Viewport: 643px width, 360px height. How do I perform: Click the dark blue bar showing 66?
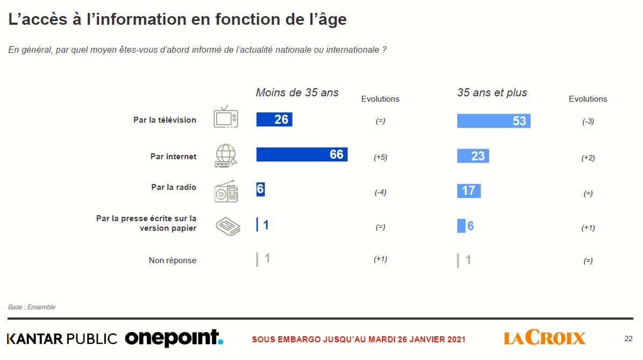(x=301, y=154)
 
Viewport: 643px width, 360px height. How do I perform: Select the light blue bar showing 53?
(x=493, y=121)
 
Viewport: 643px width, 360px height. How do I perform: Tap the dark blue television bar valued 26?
(x=274, y=119)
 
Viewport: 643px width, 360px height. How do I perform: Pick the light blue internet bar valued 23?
(x=473, y=156)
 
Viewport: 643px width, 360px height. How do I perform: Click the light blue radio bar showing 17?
(x=469, y=190)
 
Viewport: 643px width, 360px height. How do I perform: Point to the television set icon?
(x=225, y=117)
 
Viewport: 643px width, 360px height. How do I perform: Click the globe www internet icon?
(x=225, y=156)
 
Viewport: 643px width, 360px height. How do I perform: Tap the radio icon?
(x=225, y=191)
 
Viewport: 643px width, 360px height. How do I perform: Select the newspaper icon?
(x=228, y=226)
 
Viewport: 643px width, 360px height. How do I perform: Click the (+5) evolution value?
(x=380, y=158)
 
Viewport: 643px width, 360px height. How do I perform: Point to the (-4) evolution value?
(x=380, y=193)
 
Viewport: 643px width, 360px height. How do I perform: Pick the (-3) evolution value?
(x=588, y=122)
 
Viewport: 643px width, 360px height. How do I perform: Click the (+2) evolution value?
(x=588, y=158)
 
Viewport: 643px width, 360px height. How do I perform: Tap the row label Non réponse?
(x=172, y=260)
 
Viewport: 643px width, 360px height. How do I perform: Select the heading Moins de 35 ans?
(x=297, y=93)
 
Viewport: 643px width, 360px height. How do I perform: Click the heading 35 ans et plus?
(x=492, y=93)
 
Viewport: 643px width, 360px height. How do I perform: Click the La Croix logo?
(x=545, y=338)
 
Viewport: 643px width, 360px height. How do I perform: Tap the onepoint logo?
(x=174, y=338)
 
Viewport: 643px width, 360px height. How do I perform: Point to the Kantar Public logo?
(x=62, y=339)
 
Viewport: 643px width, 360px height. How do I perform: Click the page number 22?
(x=628, y=339)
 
